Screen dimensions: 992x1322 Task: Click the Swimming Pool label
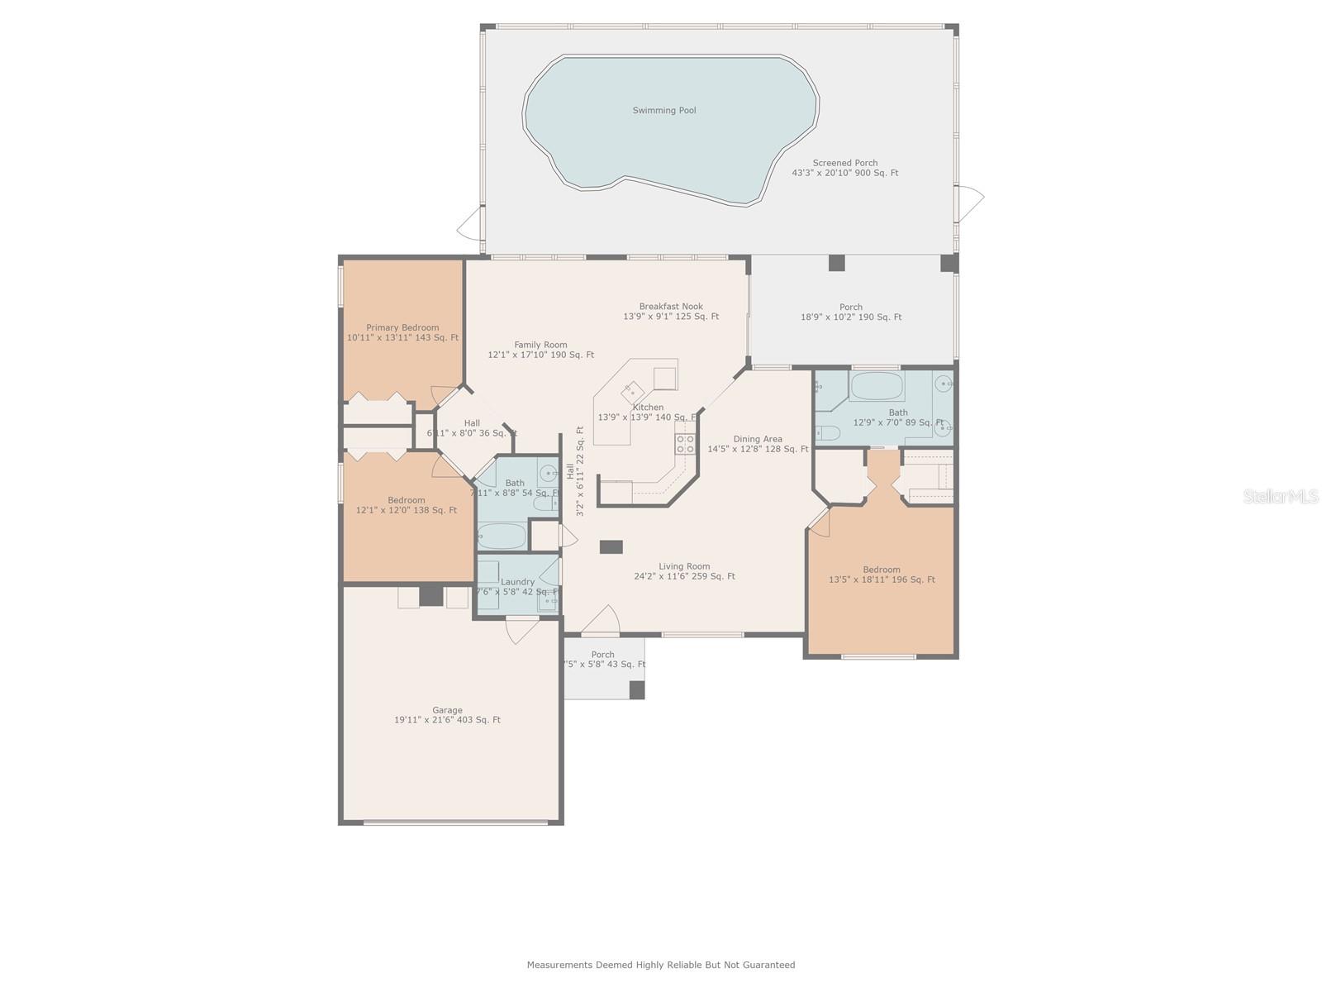click(663, 110)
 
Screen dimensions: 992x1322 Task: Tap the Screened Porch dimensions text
click(844, 174)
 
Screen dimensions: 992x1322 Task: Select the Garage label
click(447, 710)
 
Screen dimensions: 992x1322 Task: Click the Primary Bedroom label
click(402, 327)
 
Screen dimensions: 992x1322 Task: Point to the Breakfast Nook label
click(671, 307)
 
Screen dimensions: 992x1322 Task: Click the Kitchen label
click(648, 408)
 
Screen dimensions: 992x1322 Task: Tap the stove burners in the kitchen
click(685, 444)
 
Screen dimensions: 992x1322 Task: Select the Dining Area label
click(758, 439)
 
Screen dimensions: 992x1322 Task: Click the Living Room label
click(684, 566)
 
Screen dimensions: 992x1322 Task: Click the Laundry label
click(517, 582)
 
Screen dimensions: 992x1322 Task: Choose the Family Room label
click(540, 345)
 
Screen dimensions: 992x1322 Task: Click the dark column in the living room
click(611, 546)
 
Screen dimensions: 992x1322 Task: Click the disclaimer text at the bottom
click(661, 965)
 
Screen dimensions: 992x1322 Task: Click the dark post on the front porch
click(636, 689)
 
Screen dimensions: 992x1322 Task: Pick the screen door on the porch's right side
click(970, 198)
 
